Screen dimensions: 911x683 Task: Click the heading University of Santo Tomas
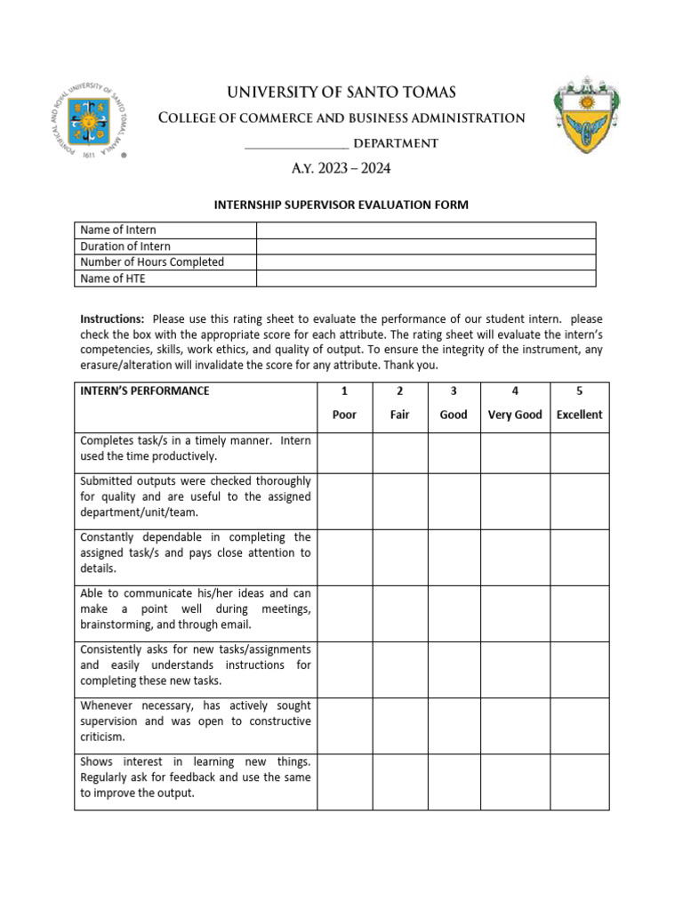[341, 93]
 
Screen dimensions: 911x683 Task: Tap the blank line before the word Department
[295, 144]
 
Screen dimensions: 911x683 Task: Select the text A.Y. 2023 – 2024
[341, 168]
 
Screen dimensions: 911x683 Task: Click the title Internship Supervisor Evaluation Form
[341, 205]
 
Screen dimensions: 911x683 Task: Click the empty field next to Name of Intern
[425, 230]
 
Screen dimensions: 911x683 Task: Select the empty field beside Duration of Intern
[425, 246]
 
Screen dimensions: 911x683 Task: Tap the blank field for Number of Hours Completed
[425, 262]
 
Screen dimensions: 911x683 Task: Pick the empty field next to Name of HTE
[425, 278]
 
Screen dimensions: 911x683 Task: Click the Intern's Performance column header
[145, 391]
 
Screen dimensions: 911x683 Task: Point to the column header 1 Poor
[344, 403]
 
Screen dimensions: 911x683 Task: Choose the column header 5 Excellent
[579, 403]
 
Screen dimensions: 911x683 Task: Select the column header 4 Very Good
[515, 403]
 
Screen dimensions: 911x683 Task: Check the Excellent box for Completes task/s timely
[579, 453]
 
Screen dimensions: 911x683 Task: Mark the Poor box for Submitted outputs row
[344, 501]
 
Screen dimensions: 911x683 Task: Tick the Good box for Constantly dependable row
[454, 557]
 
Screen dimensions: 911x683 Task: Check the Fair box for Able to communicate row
[399, 613]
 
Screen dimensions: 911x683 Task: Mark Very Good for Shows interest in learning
[515, 781]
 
